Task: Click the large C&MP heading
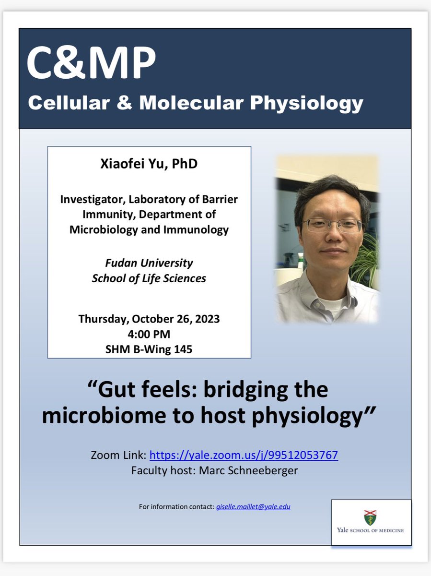(x=91, y=63)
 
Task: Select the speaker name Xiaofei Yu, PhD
(x=149, y=164)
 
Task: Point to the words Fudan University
(x=149, y=263)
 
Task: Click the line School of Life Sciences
(x=149, y=278)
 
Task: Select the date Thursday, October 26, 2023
(x=149, y=319)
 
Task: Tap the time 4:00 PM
(x=149, y=334)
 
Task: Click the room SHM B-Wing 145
(x=149, y=349)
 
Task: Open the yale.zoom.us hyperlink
(x=244, y=455)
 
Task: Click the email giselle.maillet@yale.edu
(x=253, y=506)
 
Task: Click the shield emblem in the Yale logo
(x=370, y=517)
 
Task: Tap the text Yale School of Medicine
(x=370, y=530)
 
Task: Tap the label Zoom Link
(x=118, y=455)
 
